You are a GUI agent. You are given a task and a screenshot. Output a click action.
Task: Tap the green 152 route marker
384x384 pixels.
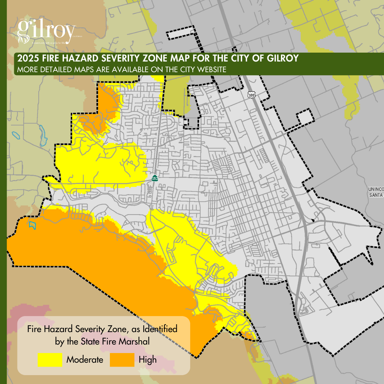click(x=155, y=178)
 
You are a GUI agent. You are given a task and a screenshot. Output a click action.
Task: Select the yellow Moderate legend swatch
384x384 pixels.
click(x=50, y=360)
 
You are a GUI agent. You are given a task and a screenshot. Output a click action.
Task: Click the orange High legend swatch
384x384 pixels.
click(x=122, y=360)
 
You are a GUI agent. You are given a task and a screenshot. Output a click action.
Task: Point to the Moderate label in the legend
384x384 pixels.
click(x=85, y=360)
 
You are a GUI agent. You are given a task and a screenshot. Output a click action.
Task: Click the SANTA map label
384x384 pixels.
click(x=377, y=195)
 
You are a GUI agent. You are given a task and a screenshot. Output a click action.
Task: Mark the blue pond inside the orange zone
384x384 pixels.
click(x=32, y=225)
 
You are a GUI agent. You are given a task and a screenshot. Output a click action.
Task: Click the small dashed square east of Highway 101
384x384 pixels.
click(x=305, y=117)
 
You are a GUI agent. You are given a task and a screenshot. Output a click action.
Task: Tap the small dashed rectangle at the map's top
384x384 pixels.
click(x=182, y=34)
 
